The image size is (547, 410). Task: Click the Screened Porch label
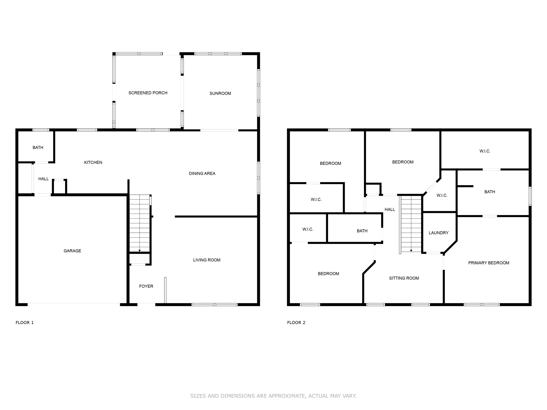(148, 93)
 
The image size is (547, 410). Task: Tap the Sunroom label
(220, 93)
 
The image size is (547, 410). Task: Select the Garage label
(72, 251)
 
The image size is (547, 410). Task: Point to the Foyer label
(146, 286)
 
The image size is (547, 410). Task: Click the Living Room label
(206, 260)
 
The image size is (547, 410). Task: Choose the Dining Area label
(202, 174)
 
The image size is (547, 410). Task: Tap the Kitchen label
(93, 162)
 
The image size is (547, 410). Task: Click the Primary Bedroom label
(489, 263)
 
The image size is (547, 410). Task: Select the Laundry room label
(439, 233)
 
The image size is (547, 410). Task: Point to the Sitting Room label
(404, 278)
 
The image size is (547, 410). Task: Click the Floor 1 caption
(25, 322)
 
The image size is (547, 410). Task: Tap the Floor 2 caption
(296, 322)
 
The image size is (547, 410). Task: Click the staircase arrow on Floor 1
(139, 250)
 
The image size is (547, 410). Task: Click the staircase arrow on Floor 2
(411, 250)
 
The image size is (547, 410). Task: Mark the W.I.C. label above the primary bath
(485, 151)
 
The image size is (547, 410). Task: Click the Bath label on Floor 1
(38, 148)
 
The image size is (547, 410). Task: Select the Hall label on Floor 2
(389, 210)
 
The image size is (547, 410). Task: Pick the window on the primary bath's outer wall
(530, 196)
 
